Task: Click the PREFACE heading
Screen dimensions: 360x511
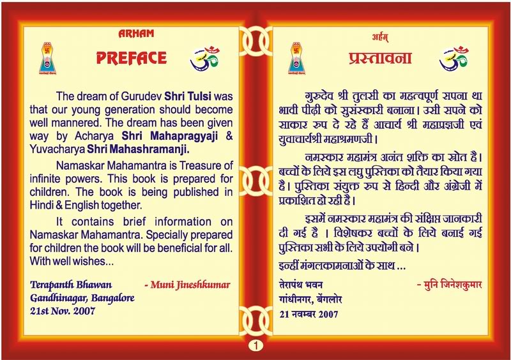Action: (131, 59)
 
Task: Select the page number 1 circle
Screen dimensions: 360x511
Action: (256, 345)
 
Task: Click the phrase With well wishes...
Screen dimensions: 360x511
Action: (65, 260)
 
